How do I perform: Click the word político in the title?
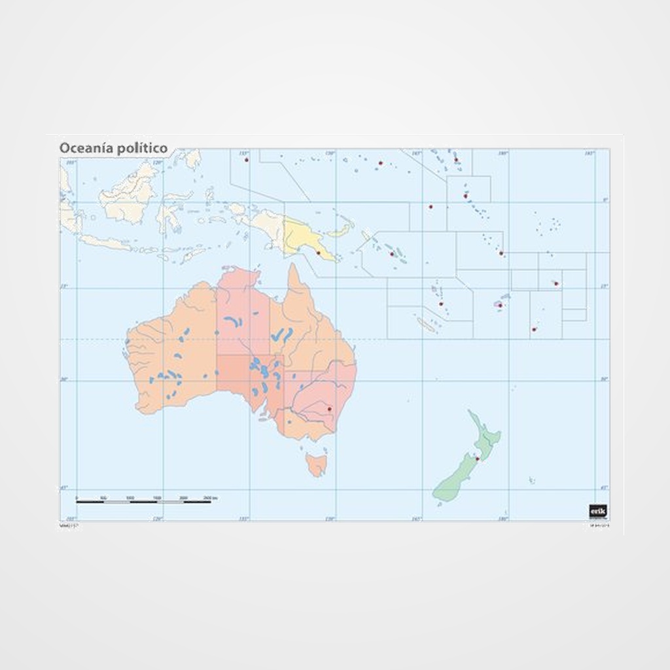pos(142,149)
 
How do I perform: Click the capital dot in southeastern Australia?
pos(329,409)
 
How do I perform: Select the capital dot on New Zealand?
pos(478,459)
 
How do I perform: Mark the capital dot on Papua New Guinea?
pos(318,253)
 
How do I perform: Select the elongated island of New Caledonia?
pos(427,325)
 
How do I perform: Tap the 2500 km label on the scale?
pos(210,498)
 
